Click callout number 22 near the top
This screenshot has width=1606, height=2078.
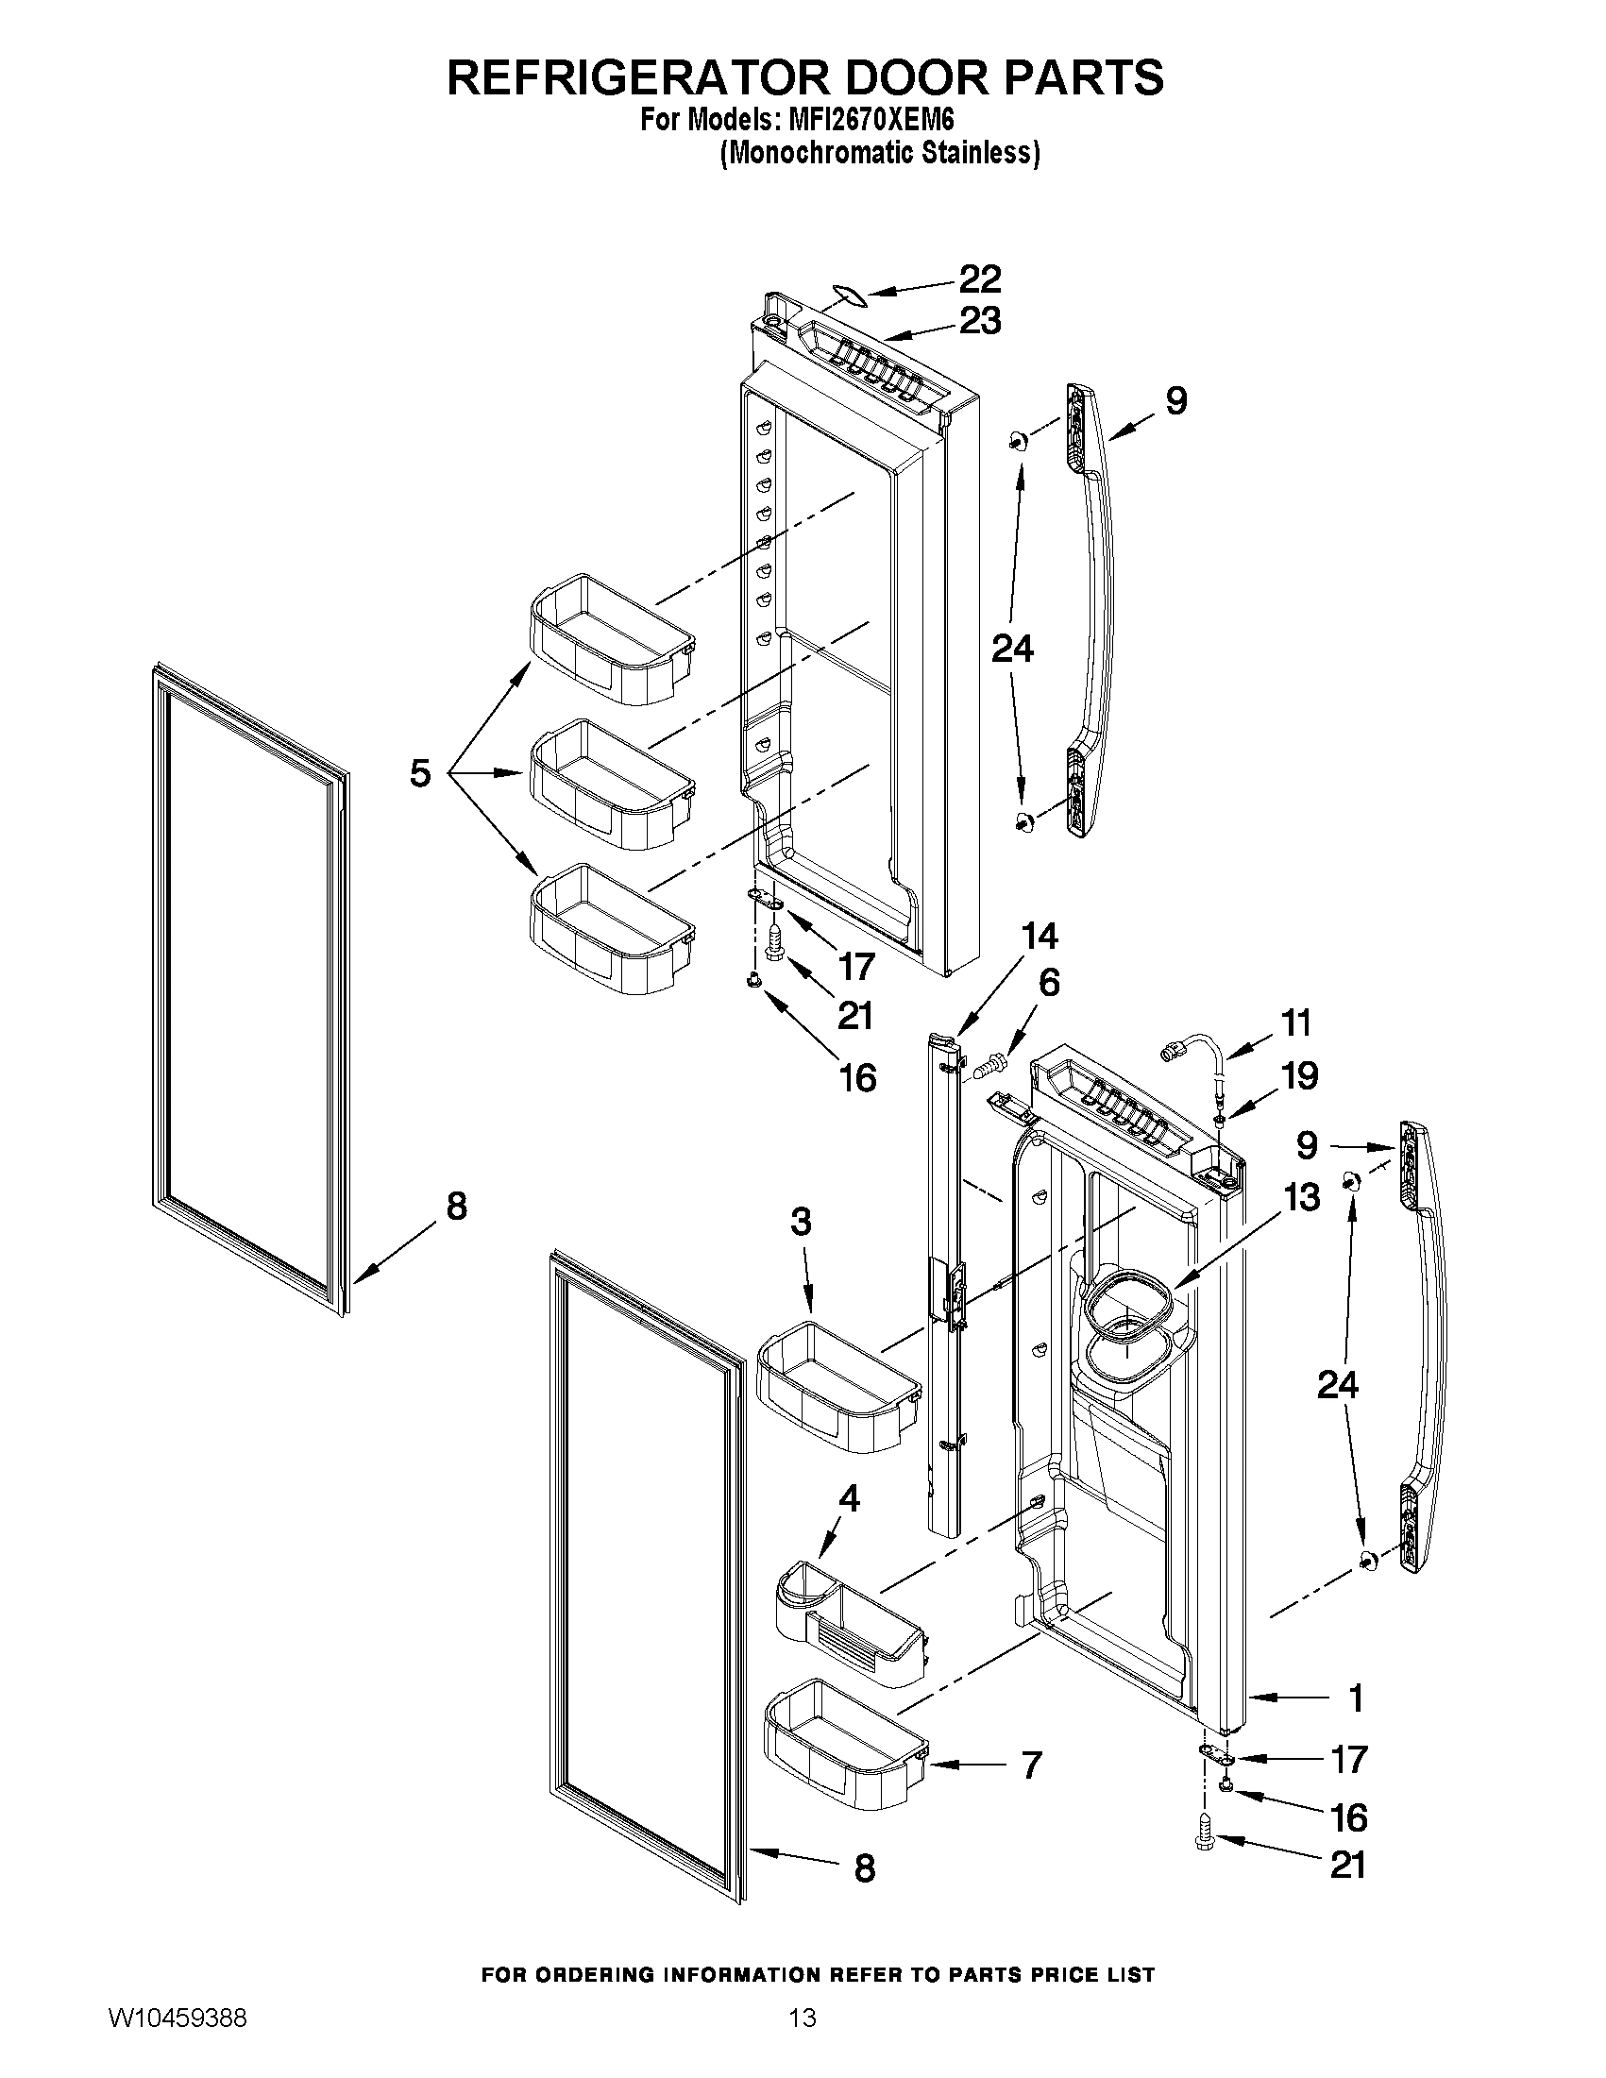(x=979, y=279)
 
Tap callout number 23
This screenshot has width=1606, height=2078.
(x=979, y=322)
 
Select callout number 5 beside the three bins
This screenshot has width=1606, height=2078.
(x=419, y=772)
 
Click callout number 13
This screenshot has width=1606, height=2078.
(x=1301, y=1197)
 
